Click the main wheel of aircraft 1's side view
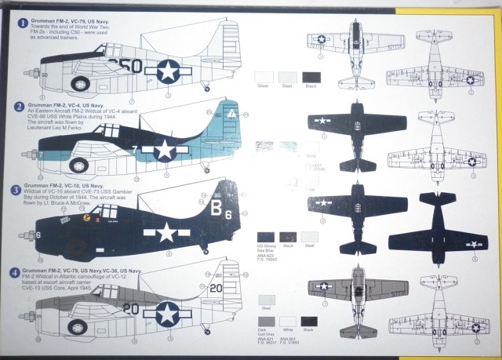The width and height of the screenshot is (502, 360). click(x=81, y=82)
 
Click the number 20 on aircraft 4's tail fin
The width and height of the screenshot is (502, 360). click(x=217, y=288)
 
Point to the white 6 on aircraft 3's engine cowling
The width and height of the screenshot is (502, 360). click(x=40, y=234)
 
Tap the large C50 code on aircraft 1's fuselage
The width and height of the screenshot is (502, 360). click(x=126, y=67)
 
